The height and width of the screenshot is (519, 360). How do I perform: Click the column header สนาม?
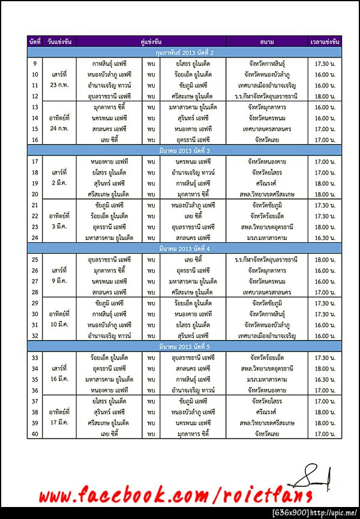[268, 42]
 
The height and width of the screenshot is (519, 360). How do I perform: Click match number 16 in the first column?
[34, 140]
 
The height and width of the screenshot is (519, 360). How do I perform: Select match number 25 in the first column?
[34, 259]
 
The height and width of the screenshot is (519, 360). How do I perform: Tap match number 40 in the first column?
[34, 434]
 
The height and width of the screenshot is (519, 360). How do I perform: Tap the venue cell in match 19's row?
[268, 184]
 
